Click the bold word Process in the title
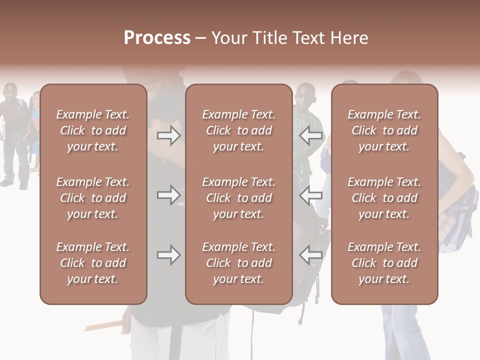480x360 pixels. (x=157, y=38)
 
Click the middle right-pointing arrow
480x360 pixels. (x=168, y=195)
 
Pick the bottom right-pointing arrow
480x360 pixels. (x=168, y=255)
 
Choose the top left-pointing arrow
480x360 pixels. (x=311, y=135)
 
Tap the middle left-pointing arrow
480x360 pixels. (x=311, y=195)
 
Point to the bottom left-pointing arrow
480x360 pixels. (x=311, y=255)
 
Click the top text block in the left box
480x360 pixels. (x=93, y=130)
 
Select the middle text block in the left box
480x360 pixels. (x=93, y=198)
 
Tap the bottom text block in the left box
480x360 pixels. (x=93, y=263)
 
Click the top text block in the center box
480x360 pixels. (x=238, y=130)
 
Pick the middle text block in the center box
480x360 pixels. (x=238, y=198)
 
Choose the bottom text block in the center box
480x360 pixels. (x=238, y=263)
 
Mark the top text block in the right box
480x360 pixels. (x=384, y=130)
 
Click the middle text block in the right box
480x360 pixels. (x=384, y=198)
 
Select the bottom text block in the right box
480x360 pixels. (x=384, y=263)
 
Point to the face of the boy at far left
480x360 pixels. (x=10, y=93)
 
